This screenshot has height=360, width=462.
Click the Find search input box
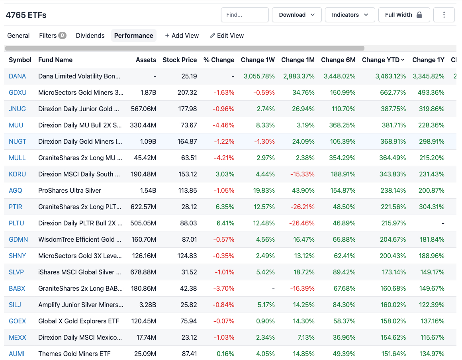[245, 15]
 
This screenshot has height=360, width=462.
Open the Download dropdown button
[297, 15]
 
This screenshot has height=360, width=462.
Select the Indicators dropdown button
[350, 15]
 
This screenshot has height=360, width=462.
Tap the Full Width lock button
[404, 15]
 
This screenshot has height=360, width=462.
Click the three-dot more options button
[444, 15]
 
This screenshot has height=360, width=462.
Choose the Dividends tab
[90, 35]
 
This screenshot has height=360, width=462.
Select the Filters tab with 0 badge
[52, 35]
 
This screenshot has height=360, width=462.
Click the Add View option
[182, 35]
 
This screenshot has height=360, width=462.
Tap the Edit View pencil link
[227, 35]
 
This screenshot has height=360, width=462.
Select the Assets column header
[146, 60]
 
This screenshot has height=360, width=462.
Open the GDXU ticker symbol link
[18, 92]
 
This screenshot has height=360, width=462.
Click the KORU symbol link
[18, 174]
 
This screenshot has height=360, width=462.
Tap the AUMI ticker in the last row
[17, 354]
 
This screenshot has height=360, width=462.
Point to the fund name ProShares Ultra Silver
[70, 190]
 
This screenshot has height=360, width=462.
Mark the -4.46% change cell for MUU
[224, 125]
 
